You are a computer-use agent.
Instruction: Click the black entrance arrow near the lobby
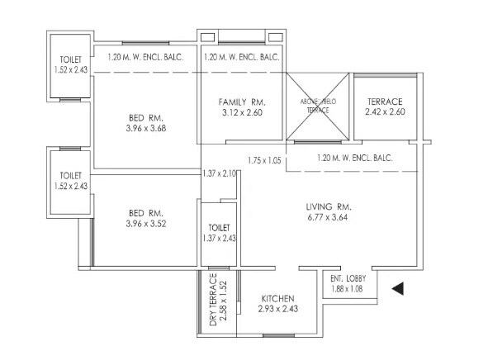[x=397, y=288]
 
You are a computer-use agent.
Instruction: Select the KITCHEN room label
[x=278, y=298]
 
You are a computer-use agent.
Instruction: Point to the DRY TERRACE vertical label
[x=213, y=299]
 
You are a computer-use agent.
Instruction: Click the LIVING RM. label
[x=329, y=207]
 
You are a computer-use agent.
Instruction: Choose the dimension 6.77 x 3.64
[x=329, y=219]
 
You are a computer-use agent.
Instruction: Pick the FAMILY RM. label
[x=240, y=101]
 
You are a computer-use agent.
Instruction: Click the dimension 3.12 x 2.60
[x=240, y=112]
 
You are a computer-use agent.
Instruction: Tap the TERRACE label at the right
[x=384, y=101]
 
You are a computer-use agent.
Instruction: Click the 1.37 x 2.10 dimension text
[x=220, y=173]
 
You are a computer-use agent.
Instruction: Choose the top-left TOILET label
[x=71, y=60]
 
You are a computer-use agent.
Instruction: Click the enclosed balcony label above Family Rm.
[x=240, y=58]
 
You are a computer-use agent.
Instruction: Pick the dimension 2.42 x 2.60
[x=384, y=112]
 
